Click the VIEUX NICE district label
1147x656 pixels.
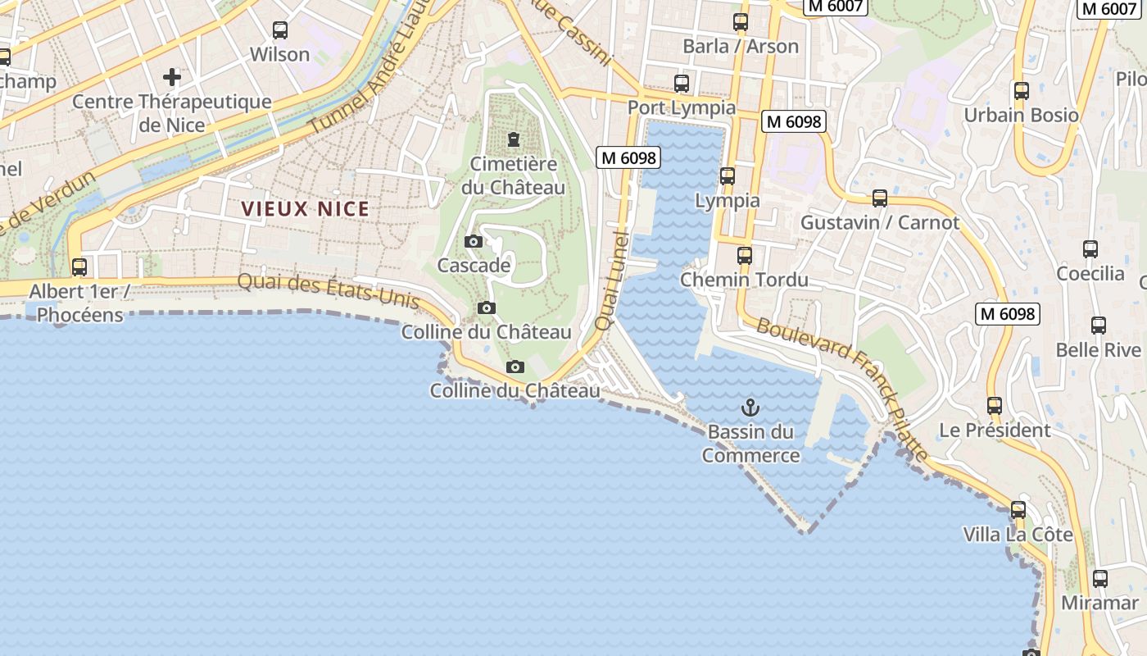(x=305, y=209)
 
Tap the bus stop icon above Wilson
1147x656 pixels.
(x=280, y=30)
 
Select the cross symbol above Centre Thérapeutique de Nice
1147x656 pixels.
(x=172, y=77)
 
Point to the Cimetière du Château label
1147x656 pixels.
(x=513, y=175)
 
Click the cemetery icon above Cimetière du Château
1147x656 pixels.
(x=514, y=139)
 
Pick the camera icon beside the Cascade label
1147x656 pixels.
(x=473, y=241)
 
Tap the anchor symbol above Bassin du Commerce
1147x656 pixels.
(x=750, y=407)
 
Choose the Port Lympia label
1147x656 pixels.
(x=682, y=108)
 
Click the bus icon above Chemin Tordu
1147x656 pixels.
(x=744, y=255)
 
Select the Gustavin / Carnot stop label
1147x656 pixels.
(x=879, y=222)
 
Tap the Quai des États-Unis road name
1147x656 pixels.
(x=328, y=291)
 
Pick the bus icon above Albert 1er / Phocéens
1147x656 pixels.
(x=79, y=267)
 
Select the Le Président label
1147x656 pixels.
(x=994, y=430)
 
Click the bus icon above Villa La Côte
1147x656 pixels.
(x=1018, y=509)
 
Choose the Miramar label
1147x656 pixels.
(x=1099, y=603)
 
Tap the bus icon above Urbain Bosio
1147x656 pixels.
(x=1021, y=90)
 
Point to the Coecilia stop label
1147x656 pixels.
(x=1090, y=273)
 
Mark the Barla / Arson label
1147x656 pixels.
(x=740, y=46)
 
